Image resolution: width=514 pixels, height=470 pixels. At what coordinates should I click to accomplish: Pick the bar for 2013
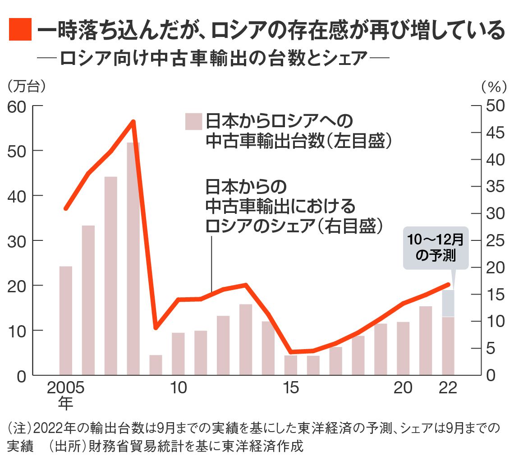tap(246, 340)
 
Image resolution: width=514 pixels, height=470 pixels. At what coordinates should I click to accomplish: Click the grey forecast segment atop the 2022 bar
tap(448, 303)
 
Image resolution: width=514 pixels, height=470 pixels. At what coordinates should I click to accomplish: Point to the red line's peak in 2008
tap(133, 121)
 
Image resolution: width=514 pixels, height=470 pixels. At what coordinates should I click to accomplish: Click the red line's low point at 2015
tap(291, 352)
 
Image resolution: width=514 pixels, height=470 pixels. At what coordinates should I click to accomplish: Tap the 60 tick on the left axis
tap(18, 106)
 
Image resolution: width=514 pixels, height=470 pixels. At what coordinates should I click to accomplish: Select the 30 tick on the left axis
tap(18, 241)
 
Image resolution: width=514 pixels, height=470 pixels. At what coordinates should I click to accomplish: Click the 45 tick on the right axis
tap(495, 133)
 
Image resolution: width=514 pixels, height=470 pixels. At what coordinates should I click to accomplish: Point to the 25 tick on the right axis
tap(495, 241)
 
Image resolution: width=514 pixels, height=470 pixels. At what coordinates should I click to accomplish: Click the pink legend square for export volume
tap(192, 122)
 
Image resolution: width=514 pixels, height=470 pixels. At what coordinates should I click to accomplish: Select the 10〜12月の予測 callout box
tap(436, 249)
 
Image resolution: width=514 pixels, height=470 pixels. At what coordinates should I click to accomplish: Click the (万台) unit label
tap(27, 86)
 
